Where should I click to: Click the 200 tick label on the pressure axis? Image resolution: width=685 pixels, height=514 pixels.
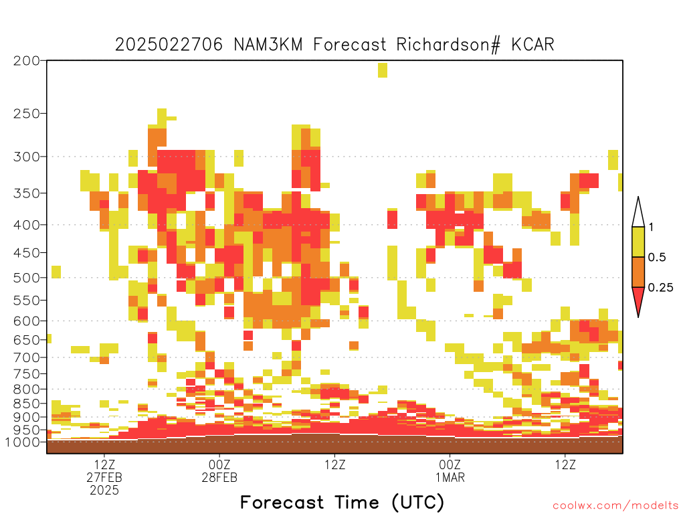[26, 61]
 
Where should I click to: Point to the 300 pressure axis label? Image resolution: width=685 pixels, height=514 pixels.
[26, 157]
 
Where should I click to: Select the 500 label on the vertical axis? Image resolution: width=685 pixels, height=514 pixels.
[26, 278]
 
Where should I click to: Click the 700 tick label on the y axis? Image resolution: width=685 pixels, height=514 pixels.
[26, 357]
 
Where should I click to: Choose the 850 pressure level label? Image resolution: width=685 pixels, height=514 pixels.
[26, 404]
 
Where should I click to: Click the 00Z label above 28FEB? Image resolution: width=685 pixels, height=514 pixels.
[219, 464]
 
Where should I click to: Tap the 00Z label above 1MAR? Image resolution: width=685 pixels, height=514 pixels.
[450, 464]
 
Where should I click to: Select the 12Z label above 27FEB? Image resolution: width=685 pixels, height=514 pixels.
[104, 464]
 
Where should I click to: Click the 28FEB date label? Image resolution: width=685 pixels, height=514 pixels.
[219, 477]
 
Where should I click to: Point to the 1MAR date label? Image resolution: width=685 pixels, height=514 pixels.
[450, 477]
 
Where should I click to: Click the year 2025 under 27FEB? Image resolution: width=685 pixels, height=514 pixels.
[104, 491]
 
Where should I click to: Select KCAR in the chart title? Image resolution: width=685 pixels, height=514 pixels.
[533, 45]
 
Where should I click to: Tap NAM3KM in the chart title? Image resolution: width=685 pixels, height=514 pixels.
[268, 45]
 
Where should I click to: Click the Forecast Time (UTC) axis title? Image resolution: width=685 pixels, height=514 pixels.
[342, 502]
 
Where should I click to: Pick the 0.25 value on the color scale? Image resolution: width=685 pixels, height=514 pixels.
[660, 288]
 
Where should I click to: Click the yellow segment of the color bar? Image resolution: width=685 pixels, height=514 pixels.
[638, 242]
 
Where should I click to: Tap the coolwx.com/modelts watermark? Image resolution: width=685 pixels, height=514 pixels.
[615, 506]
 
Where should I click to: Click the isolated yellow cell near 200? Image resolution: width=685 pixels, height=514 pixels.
[382, 70]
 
